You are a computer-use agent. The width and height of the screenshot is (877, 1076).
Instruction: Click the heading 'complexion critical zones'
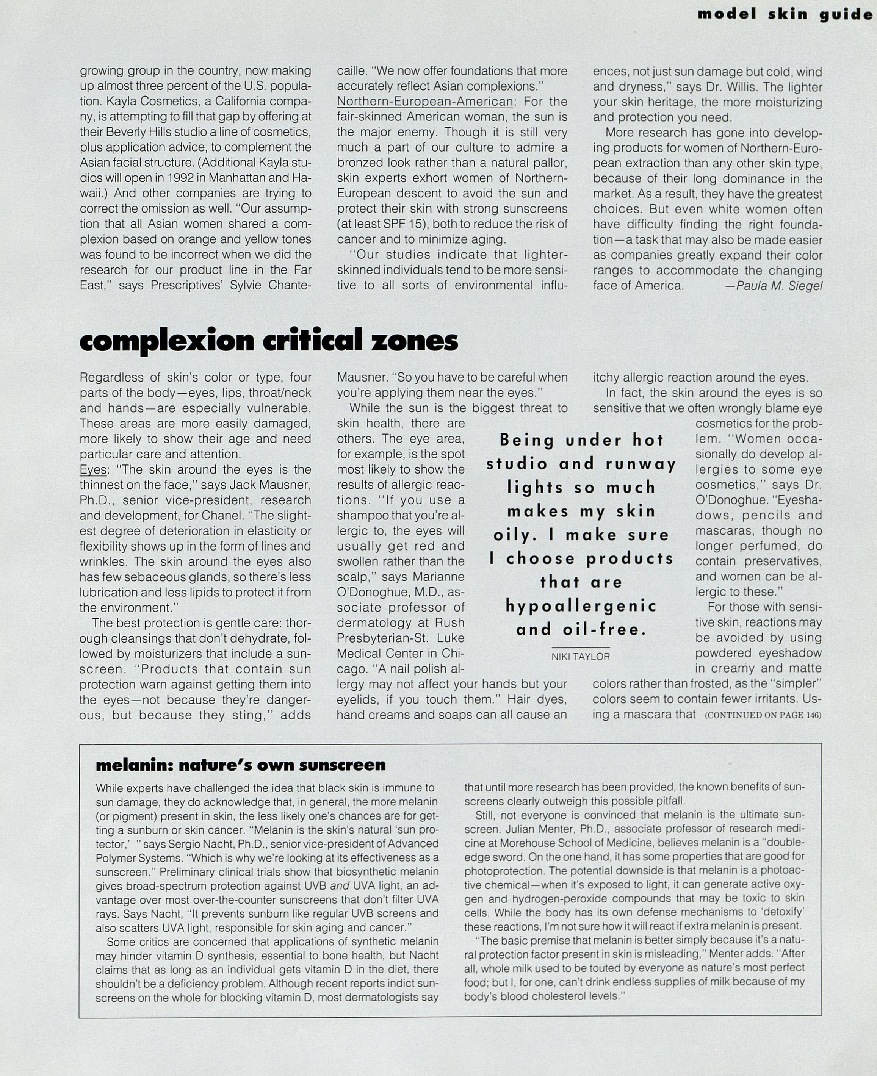point(269,341)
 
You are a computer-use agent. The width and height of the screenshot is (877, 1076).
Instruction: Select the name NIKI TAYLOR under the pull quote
point(581,657)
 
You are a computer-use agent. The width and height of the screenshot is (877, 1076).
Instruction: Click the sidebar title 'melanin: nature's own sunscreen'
point(240,765)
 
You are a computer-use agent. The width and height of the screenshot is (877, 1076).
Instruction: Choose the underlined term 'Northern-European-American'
point(425,102)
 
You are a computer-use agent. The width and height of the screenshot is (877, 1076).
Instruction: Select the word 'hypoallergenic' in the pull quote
point(581,606)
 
